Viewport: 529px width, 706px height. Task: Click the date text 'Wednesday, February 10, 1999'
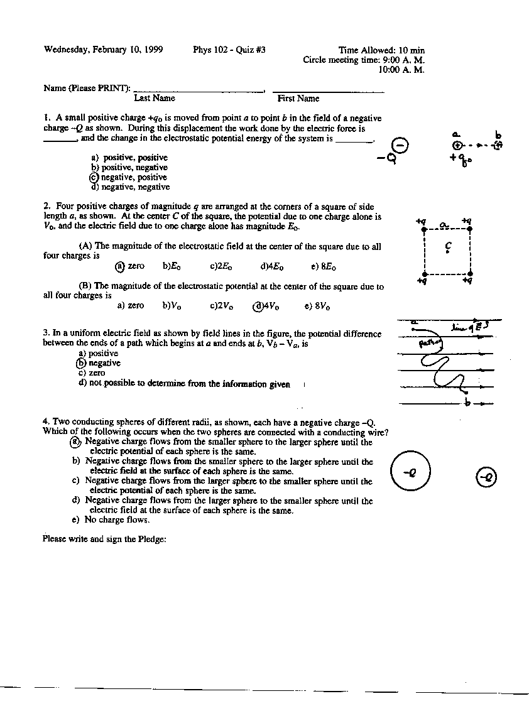point(104,50)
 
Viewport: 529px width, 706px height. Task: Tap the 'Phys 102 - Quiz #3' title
point(229,50)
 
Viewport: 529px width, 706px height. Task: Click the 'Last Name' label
point(155,99)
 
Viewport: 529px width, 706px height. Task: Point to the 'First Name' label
point(298,99)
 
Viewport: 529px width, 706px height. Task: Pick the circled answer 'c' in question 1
point(95,178)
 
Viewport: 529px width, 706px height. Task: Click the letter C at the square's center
point(447,246)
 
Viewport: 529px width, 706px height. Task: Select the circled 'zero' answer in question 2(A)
point(120,266)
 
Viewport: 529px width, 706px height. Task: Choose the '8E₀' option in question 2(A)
point(324,267)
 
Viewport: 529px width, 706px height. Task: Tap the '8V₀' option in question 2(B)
point(317,307)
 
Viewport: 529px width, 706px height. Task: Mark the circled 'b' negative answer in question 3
point(80,363)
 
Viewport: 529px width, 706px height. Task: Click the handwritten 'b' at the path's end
point(467,402)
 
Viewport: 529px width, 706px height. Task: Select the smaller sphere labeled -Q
point(486,478)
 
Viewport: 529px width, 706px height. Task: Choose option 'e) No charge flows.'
point(111,520)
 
